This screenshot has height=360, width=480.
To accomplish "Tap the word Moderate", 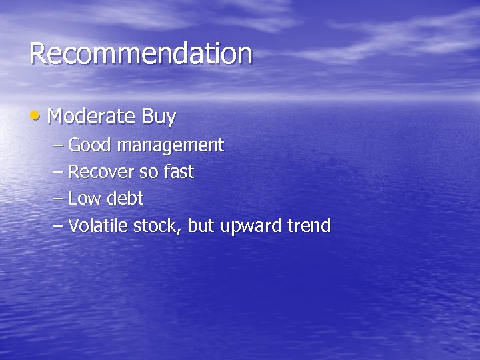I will (91, 117).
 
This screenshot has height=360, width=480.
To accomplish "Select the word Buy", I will (158, 118).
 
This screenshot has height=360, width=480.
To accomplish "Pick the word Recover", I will (101, 172).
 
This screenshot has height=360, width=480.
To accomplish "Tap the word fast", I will (178, 172).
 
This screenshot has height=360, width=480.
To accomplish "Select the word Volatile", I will (99, 226).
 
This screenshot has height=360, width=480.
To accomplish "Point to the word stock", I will (157, 226).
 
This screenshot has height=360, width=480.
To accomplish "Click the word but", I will (199, 226).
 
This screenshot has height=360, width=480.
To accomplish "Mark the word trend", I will (309, 226).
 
